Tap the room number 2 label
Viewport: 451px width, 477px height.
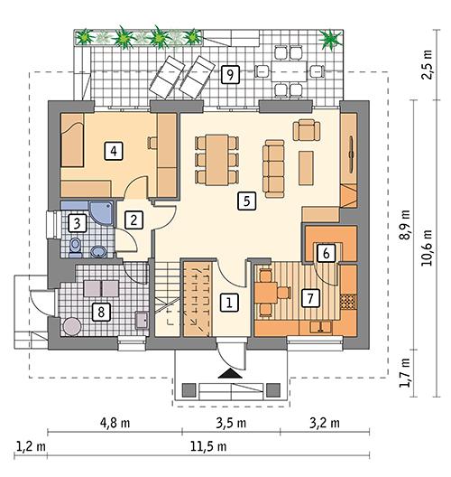[133, 219]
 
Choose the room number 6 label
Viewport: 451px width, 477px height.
[327, 254]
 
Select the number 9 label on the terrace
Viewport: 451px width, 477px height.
[232, 75]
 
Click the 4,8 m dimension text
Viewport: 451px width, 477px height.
[115, 421]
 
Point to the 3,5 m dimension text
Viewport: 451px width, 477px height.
[232, 421]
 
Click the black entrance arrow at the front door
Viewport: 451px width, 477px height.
[231, 371]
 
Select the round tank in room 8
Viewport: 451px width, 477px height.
[71, 325]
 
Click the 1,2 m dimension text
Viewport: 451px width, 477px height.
[31, 446]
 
